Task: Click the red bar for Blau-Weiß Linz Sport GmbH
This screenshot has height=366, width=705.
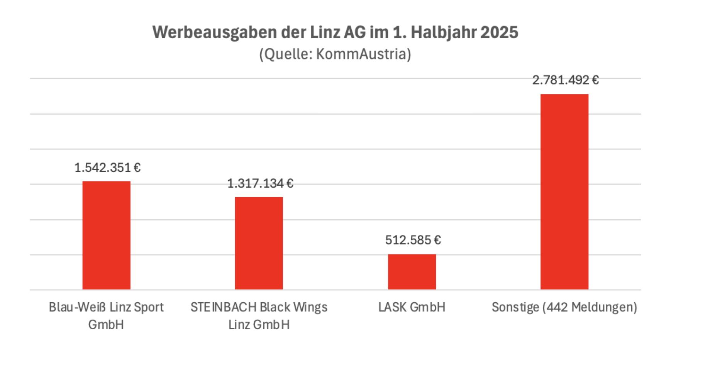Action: (x=106, y=235)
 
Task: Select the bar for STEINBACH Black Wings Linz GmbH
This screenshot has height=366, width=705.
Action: (x=259, y=243)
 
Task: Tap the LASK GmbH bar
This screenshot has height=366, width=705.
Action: (x=412, y=272)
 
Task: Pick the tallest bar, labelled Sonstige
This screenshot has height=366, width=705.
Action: (x=564, y=191)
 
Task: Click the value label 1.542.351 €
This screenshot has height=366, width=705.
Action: (x=107, y=168)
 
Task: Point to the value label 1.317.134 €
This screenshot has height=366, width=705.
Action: (x=260, y=183)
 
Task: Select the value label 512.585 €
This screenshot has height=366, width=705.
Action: (x=413, y=240)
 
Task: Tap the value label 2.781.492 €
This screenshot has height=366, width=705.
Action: (x=565, y=80)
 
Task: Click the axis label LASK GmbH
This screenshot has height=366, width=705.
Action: (x=412, y=307)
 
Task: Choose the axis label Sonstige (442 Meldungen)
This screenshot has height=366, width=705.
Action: (x=564, y=307)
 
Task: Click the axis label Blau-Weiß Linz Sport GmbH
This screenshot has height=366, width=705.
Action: (x=106, y=315)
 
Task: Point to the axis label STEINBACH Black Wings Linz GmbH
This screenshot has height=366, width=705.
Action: (x=259, y=315)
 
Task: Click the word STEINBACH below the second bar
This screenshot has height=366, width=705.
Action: (x=224, y=307)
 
